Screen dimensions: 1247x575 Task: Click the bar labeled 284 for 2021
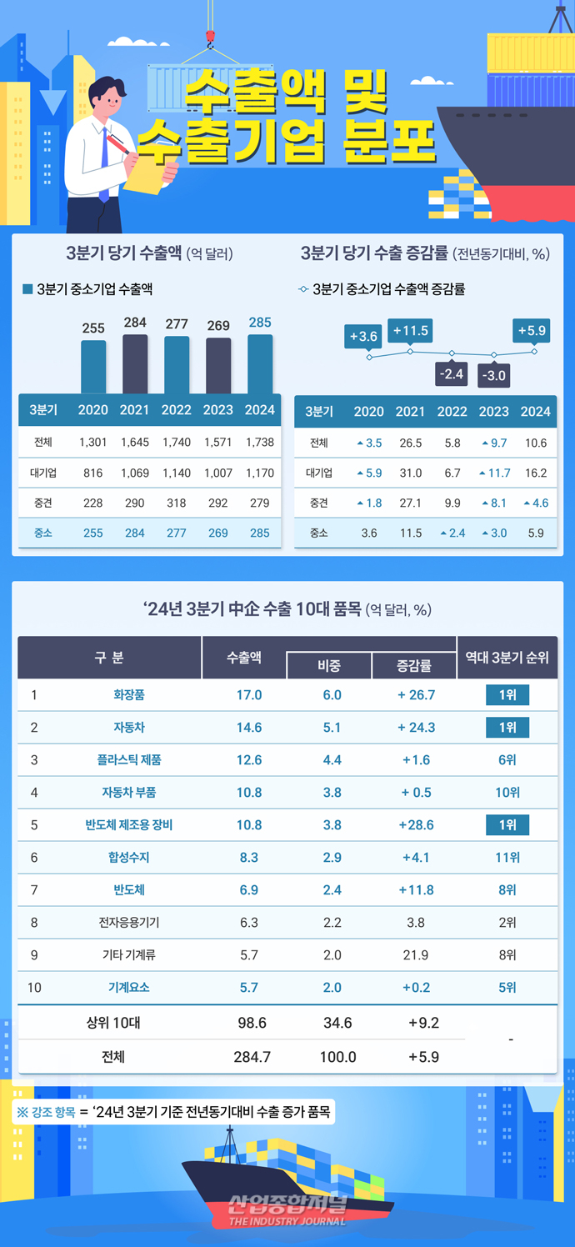135,363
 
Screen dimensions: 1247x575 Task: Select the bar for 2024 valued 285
260,363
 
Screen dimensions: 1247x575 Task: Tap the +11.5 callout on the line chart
410,331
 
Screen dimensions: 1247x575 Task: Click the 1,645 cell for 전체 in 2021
135,443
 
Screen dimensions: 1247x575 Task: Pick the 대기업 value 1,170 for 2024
260,473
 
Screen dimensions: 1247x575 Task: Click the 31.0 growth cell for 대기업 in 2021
411,473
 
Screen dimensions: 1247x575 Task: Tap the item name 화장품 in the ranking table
129,695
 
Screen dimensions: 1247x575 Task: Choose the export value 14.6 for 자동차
249,728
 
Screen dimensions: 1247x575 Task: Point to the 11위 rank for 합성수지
507,858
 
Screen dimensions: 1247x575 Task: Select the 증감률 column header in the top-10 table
414,665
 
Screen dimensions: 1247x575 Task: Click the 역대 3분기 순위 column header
507,658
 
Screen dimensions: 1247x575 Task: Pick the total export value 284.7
249,1057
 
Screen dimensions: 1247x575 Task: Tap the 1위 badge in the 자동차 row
507,728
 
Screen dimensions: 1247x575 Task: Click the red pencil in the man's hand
120,144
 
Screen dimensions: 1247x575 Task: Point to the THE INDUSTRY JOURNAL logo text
287,1220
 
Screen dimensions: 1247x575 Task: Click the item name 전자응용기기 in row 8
129,923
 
